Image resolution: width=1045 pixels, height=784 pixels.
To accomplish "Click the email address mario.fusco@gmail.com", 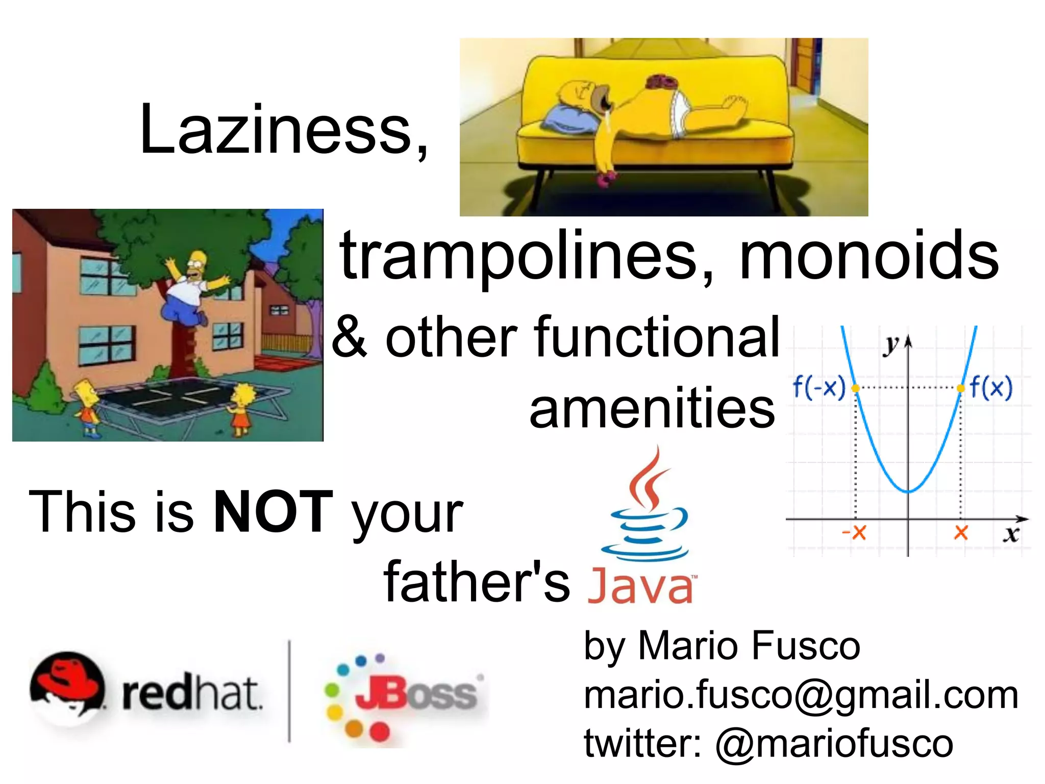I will [801, 695].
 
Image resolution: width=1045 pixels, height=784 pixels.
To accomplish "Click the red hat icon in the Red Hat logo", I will [66, 681].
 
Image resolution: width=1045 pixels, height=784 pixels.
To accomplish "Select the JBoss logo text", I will [416, 694].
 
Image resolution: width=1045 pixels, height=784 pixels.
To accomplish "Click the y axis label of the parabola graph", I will [891, 346].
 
